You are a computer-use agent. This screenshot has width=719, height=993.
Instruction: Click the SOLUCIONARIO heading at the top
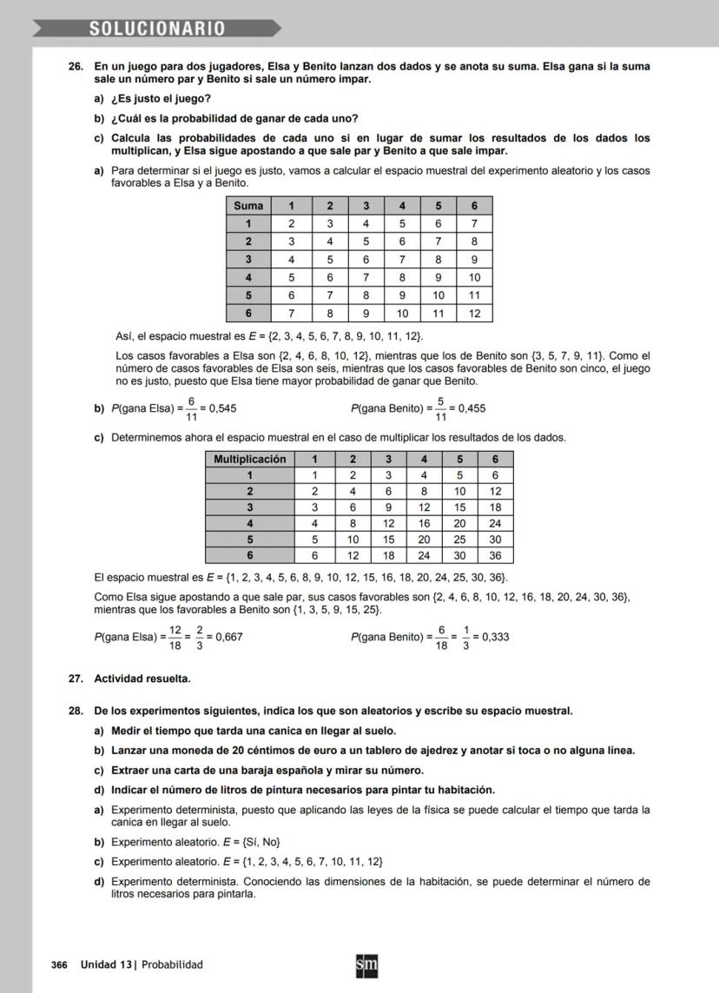156,29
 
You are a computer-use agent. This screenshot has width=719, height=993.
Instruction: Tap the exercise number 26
76,67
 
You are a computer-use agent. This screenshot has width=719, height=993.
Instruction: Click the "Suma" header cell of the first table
248,206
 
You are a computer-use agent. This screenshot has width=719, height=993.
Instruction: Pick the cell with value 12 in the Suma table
474,314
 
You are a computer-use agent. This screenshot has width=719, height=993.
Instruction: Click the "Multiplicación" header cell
250,460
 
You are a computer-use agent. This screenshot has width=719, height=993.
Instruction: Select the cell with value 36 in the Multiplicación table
495,555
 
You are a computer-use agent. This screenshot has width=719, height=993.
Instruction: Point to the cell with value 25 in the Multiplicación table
459,540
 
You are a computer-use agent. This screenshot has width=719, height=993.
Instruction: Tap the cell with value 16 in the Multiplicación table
424,523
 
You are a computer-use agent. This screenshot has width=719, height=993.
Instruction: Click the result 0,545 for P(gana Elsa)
223,408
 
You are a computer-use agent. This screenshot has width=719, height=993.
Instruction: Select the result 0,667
228,637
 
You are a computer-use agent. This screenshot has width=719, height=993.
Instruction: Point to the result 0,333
495,637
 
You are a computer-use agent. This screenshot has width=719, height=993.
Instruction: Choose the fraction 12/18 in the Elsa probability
175,637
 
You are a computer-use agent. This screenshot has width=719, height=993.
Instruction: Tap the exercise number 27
76,679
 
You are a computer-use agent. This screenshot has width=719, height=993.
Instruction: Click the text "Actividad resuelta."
142,679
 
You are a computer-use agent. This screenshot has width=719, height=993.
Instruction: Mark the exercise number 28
76,712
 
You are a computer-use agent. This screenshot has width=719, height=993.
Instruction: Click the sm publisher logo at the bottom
366,965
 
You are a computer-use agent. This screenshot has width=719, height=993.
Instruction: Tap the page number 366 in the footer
59,964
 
